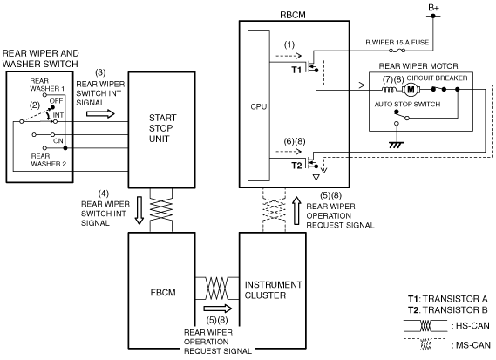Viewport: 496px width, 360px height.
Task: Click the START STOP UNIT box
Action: [161, 130]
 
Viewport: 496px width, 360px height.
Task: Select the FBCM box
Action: [161, 291]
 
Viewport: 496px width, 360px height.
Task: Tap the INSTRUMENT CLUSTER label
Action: [273, 289]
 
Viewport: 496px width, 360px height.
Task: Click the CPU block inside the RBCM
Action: [259, 105]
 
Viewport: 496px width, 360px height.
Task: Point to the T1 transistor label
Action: [296, 70]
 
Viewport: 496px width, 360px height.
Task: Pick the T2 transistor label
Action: [296, 166]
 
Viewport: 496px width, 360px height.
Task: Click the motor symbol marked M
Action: [411, 90]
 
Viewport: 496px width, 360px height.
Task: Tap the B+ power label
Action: [433, 8]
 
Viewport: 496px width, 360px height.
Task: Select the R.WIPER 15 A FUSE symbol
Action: [397, 51]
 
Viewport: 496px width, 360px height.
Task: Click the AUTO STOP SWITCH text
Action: [407, 104]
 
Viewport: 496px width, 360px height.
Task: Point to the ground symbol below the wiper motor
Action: [397, 145]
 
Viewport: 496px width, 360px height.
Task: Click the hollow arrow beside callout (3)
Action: [100, 113]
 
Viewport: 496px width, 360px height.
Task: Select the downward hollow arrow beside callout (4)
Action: [139, 210]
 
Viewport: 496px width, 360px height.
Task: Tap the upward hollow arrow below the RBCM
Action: [296, 210]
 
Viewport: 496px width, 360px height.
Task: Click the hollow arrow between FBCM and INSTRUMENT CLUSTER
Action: [218, 309]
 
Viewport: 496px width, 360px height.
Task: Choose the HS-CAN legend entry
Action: [446, 326]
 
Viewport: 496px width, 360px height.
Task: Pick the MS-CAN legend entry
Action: [446, 345]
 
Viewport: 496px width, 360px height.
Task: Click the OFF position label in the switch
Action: [57, 101]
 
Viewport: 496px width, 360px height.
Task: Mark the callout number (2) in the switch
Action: [35, 105]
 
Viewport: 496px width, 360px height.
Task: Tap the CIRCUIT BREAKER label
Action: [437, 78]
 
